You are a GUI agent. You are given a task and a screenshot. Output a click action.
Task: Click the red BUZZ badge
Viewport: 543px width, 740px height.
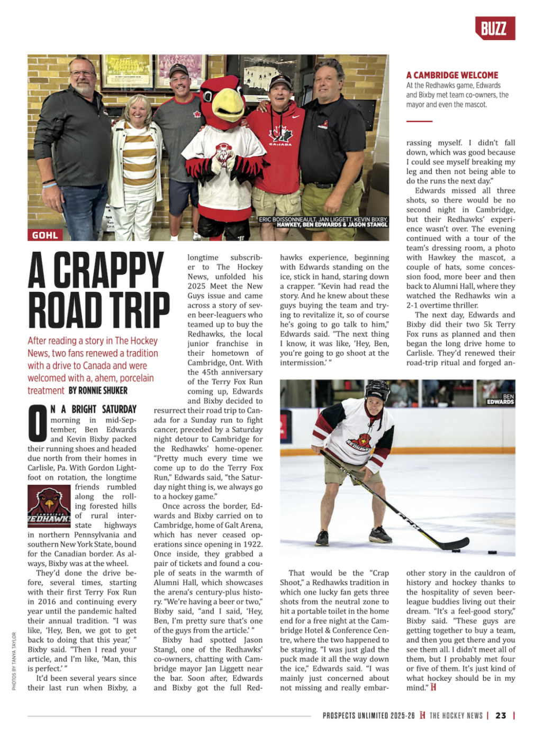494,28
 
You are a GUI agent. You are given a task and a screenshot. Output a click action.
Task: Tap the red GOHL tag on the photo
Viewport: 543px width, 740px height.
45,235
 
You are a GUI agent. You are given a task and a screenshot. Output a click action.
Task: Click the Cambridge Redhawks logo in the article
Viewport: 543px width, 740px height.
49,505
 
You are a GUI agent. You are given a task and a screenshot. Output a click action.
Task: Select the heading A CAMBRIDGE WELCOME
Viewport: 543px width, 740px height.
452,75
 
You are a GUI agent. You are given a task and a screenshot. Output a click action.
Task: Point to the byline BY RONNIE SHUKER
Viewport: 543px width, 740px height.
98,391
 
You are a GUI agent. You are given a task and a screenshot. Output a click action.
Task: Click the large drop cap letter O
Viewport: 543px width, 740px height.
37,423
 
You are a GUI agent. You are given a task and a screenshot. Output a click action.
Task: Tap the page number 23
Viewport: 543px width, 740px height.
501,716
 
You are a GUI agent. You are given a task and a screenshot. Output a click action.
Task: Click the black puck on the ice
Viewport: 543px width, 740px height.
492,553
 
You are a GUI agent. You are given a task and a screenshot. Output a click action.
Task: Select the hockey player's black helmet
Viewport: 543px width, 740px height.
377,390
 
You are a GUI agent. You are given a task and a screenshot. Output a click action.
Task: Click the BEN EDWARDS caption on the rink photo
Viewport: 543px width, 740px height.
500,399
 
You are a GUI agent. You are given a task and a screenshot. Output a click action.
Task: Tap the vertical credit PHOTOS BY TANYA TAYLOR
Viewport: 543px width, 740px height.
14,661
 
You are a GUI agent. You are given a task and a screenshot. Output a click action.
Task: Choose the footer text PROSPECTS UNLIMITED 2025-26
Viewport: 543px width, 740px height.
368,716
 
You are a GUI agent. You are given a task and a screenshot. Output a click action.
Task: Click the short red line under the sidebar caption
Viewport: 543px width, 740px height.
419,121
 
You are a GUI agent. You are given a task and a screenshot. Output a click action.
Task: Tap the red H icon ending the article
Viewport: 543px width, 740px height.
433,687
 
